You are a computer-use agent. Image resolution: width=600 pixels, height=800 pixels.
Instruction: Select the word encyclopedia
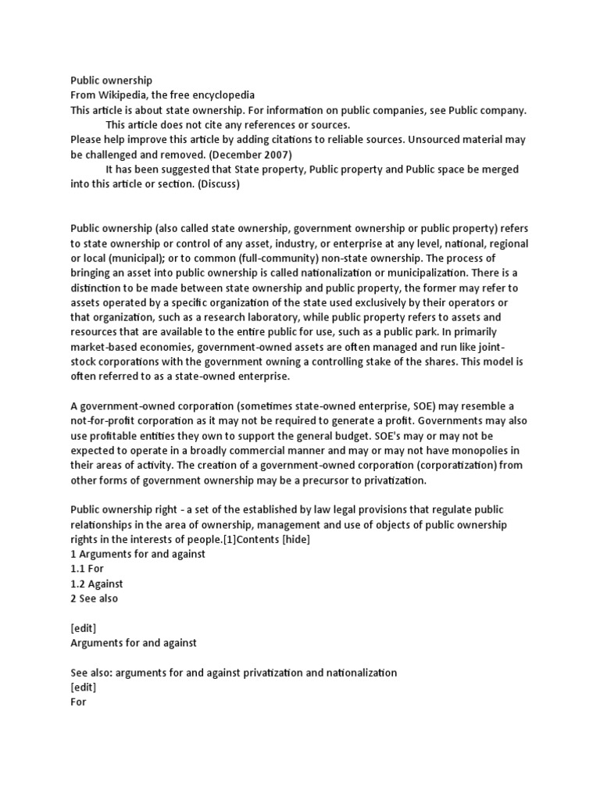(x=222, y=95)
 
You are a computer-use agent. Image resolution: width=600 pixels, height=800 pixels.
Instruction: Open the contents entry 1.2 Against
(x=97, y=584)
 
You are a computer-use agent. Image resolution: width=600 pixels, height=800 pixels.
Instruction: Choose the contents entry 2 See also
(x=95, y=598)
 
